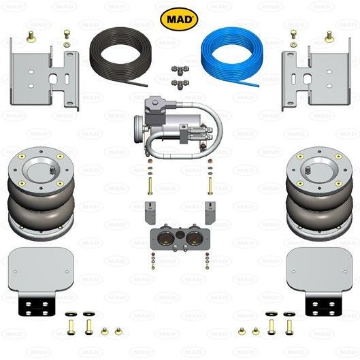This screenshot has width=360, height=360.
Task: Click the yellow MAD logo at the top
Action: click(179, 19)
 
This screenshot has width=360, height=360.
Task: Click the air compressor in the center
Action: click(178, 128)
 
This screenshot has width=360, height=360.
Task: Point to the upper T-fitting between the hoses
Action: click(180, 70)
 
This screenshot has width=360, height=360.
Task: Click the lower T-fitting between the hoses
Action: click(180, 84)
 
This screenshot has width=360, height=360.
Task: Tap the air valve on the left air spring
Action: click(52, 170)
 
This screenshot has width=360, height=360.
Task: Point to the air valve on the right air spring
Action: click(308, 170)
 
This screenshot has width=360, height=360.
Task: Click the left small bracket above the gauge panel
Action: click(150, 212)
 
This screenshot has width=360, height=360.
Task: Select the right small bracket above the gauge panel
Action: click(210, 212)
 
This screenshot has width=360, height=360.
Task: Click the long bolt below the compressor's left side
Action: click(150, 186)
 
